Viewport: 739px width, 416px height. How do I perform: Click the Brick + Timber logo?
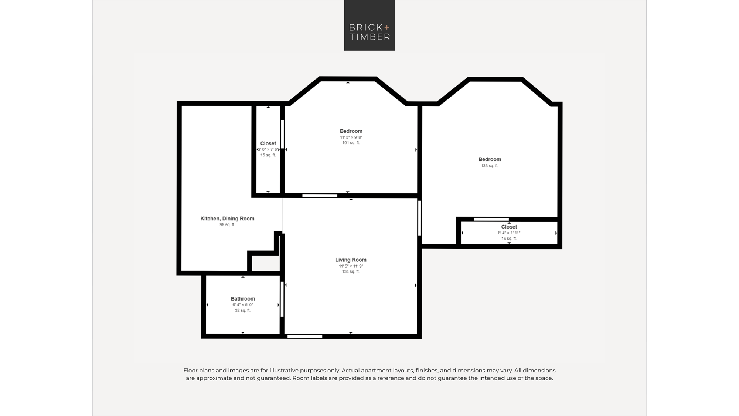point(369,25)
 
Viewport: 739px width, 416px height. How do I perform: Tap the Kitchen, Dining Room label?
point(227,219)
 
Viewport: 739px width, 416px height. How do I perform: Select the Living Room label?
point(351,260)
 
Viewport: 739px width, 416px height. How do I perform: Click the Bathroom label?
point(243,299)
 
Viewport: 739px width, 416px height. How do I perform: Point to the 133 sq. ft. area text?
point(490,166)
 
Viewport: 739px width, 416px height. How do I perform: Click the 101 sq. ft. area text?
point(351,143)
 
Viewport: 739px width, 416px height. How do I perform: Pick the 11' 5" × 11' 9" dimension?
point(351,266)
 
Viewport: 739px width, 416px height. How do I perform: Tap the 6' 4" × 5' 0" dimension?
point(243,305)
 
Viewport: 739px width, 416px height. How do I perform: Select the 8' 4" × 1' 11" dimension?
point(509,233)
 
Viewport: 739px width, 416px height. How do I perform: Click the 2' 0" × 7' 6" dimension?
point(268,150)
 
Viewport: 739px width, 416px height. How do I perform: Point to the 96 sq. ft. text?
point(227,225)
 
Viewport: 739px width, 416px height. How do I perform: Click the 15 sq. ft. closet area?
point(268,155)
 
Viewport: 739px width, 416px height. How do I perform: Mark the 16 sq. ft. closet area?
point(509,239)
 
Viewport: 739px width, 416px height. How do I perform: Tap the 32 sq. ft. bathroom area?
point(243,311)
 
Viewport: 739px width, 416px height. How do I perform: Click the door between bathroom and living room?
point(282,299)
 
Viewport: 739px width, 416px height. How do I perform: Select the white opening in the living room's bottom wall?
point(305,336)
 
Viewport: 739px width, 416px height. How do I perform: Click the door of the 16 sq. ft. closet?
point(491,220)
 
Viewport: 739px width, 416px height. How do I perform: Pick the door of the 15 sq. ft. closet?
point(282,134)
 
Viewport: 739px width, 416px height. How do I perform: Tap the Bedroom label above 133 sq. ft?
point(490,159)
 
